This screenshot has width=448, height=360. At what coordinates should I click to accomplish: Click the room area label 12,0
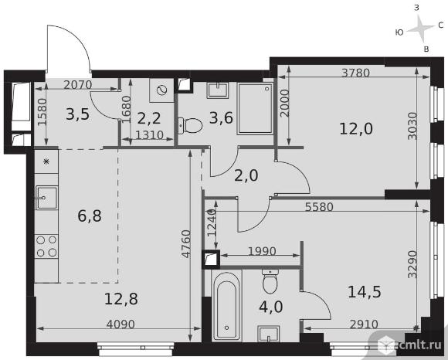[x=356, y=128]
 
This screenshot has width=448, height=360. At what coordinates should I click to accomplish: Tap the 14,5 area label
[x=365, y=292]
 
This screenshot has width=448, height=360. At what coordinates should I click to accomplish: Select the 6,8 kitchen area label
[x=90, y=216]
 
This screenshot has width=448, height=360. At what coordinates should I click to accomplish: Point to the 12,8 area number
[x=121, y=299]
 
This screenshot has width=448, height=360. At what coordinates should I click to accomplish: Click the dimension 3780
[x=356, y=73]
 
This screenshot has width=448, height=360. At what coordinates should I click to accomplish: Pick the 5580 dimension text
[x=319, y=207]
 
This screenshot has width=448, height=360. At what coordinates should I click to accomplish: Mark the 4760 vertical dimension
[x=186, y=243]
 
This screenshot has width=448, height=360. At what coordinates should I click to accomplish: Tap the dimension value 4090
[x=120, y=324]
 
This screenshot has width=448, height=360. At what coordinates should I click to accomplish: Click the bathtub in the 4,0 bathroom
[x=227, y=305]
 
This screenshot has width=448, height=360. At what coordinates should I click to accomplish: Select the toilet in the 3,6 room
[x=190, y=126]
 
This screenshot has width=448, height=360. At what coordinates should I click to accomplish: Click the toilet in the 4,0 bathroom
[x=270, y=281]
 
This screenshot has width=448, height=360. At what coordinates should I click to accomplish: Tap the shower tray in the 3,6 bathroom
[x=256, y=109]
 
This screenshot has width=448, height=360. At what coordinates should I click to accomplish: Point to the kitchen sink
[x=46, y=198]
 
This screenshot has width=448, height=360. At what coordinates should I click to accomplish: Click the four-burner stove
[x=46, y=246]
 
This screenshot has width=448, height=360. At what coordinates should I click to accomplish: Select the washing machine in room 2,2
[x=161, y=90]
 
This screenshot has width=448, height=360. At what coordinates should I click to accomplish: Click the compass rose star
[x=420, y=29]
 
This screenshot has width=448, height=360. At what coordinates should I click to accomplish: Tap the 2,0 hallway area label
[x=246, y=175]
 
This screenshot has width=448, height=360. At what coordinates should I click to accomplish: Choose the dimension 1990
[x=262, y=251]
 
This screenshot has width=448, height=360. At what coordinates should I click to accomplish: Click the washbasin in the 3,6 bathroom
[x=219, y=90]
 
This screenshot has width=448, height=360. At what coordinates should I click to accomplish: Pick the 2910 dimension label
[x=364, y=324]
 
